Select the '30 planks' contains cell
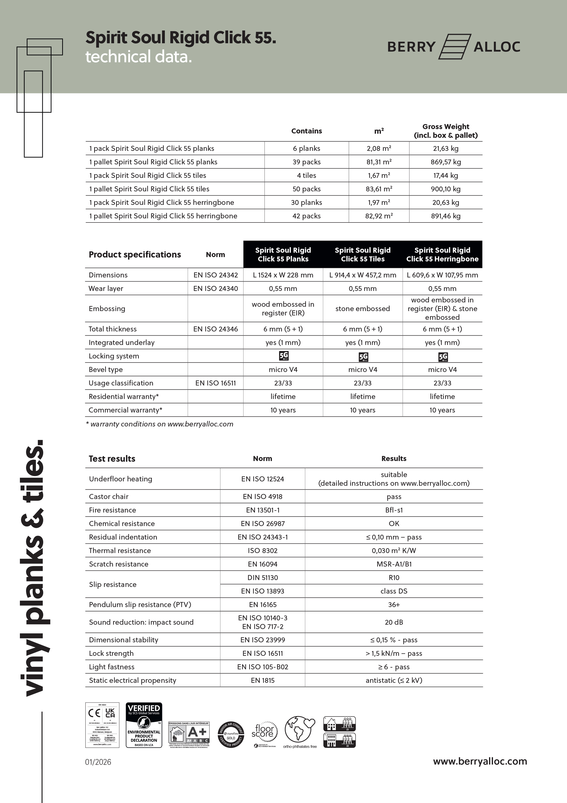click(x=306, y=203)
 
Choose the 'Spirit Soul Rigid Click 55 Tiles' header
click(x=363, y=254)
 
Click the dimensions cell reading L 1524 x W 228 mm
click(x=283, y=275)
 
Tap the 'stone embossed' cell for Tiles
click(x=363, y=309)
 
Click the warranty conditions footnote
click(x=160, y=424)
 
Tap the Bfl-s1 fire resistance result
click(x=394, y=510)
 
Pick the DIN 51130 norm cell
click(x=263, y=578)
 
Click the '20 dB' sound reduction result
click(x=394, y=622)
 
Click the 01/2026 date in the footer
click(x=98, y=762)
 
